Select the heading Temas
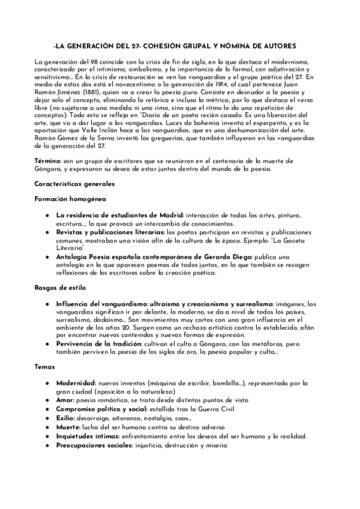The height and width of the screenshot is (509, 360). pos(45,366)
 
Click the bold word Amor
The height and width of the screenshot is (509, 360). pos(66,399)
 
